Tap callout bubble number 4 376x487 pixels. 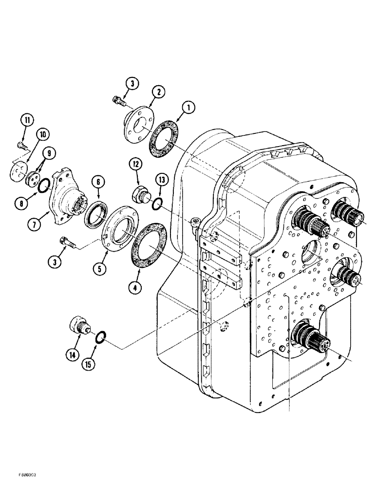pyautogui.click(x=135, y=288)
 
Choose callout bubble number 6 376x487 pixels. pyautogui.click(x=99, y=181)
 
